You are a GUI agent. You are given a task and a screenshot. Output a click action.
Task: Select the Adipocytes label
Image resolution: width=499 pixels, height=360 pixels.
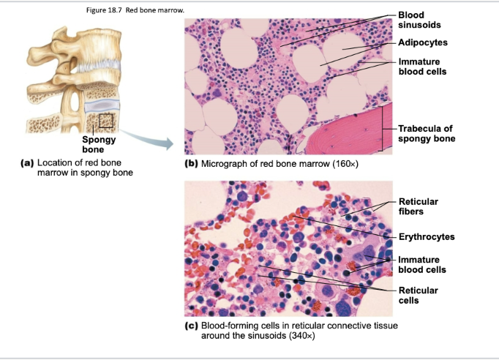click(422, 42)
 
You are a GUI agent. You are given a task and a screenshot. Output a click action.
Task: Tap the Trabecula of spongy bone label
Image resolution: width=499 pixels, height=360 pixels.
click(426, 133)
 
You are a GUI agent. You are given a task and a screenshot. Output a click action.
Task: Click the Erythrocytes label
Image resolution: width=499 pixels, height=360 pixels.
click(427, 236)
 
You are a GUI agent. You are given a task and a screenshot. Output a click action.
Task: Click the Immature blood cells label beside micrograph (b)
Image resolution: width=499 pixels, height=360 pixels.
click(421, 67)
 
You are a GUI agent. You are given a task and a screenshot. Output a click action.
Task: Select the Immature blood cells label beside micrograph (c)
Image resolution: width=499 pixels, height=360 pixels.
click(421, 265)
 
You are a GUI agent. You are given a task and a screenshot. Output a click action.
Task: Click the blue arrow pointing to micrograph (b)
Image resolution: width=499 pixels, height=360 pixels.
click(146, 138)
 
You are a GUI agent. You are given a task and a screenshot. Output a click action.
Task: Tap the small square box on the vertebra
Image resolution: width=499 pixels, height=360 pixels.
click(106, 119)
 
